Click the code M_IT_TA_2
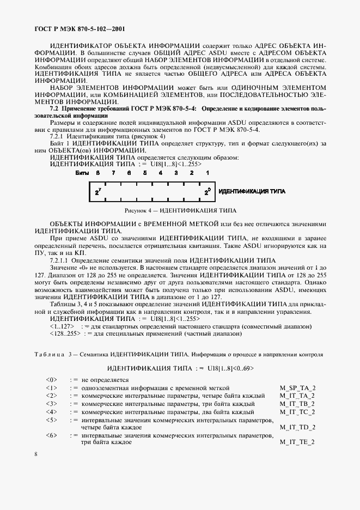tap(297, 396)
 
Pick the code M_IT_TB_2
tap(297, 404)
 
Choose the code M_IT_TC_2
tap(297, 412)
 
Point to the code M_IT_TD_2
tap(297, 428)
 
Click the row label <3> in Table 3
tap(51, 404)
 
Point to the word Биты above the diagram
tap(82, 172)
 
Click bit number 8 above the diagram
tap(97, 172)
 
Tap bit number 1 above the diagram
tap(208, 172)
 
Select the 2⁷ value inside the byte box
tap(97, 192)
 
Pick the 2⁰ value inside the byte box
tap(208, 192)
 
